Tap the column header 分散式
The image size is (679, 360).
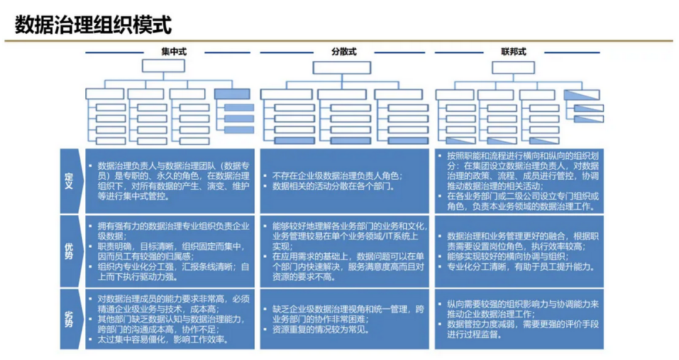(x=344, y=52)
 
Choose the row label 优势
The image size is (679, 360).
(x=69, y=250)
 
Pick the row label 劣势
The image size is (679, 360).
(x=69, y=319)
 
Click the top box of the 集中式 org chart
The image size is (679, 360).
(x=163, y=66)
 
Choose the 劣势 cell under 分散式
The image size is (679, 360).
(x=344, y=319)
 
